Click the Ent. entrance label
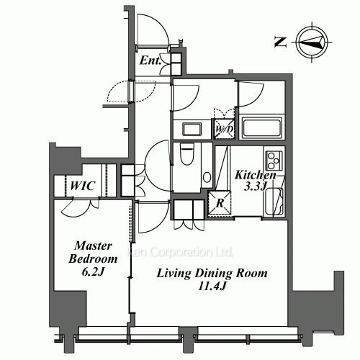pos(150,61)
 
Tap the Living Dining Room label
pos(202,274)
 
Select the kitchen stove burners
pos(274,158)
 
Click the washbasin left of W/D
pos(192,130)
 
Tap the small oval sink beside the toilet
pos(207,176)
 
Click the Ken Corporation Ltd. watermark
pos(180,253)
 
